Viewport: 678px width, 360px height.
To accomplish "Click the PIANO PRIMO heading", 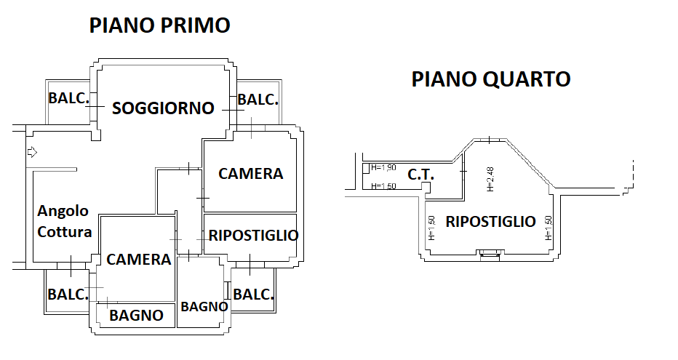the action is (x=159, y=25).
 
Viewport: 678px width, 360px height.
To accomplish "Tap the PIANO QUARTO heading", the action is (x=491, y=79).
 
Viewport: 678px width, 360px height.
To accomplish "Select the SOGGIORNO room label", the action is (x=163, y=108).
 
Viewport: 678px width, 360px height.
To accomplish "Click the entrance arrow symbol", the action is (x=32, y=152).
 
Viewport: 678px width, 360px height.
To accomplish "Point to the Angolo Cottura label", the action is (x=65, y=221).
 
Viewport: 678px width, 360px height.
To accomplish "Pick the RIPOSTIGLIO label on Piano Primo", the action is (x=253, y=236).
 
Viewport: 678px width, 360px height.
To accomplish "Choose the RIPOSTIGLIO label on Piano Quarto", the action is (x=491, y=221).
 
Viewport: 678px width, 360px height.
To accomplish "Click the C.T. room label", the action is (x=420, y=175).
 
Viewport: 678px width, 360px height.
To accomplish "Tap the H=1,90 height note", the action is (x=383, y=167).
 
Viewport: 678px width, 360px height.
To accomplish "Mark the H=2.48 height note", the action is (x=490, y=180).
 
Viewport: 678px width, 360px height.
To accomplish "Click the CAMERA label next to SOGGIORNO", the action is (x=251, y=174).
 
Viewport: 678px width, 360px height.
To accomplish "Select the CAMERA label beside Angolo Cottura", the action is (x=139, y=260).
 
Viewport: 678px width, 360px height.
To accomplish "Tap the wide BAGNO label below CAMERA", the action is (x=136, y=316).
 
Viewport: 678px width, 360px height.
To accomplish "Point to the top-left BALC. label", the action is (x=69, y=98).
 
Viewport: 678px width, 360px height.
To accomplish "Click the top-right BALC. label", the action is (x=258, y=100).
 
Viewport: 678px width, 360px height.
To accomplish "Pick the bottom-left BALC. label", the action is (x=68, y=295).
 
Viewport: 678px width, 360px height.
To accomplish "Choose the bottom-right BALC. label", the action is (x=253, y=295).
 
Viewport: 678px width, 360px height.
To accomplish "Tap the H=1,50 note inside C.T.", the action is (x=383, y=186).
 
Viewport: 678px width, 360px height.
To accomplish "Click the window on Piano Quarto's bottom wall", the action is (x=490, y=253).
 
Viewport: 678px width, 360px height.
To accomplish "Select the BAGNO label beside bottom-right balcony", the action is (x=204, y=306).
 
